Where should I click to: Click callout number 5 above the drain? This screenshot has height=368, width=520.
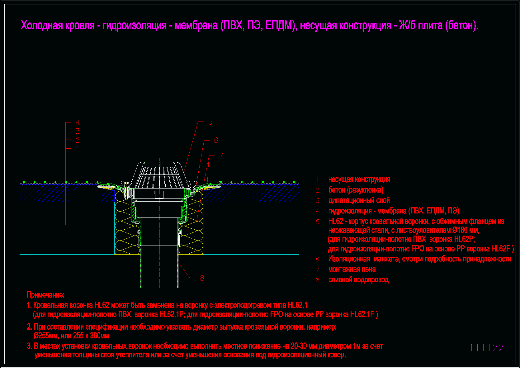(x=210, y=122)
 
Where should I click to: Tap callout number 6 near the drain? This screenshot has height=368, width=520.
(x=216, y=140)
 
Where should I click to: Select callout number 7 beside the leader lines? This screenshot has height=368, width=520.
(x=221, y=156)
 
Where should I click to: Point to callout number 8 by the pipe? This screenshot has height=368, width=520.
(x=202, y=278)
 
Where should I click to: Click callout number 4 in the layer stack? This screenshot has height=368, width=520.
(x=78, y=122)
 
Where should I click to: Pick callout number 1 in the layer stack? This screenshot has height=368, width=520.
(x=78, y=149)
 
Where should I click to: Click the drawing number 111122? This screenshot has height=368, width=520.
(x=486, y=348)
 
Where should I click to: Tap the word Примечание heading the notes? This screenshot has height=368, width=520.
(x=45, y=295)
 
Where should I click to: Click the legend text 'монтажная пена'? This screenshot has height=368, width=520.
(x=352, y=269)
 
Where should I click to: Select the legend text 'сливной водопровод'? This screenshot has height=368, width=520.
(x=358, y=280)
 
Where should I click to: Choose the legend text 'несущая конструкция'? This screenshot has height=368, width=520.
(x=359, y=179)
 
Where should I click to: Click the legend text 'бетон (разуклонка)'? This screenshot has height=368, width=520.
(x=356, y=190)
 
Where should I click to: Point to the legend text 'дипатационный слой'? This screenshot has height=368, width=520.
(x=359, y=200)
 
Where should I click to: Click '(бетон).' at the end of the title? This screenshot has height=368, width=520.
(x=462, y=26)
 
